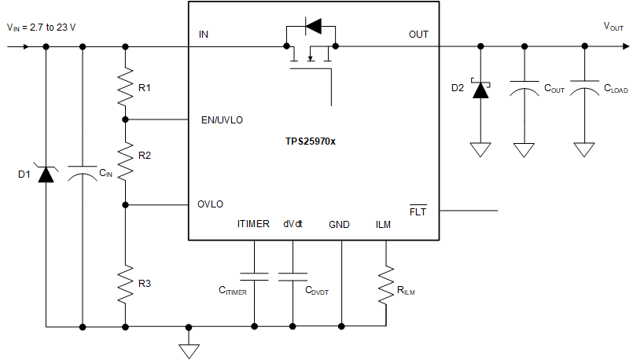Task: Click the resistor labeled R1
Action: click(x=125, y=87)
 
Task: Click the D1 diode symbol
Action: click(x=46, y=174)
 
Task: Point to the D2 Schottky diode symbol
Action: click(x=480, y=89)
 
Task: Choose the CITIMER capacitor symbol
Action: click(x=254, y=276)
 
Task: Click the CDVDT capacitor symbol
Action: click(x=293, y=276)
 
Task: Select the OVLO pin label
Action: click(x=210, y=204)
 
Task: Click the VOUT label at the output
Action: click(x=613, y=27)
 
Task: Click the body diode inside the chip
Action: click(x=312, y=27)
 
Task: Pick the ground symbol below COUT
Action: click(x=524, y=149)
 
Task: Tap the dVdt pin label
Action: click(x=294, y=225)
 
